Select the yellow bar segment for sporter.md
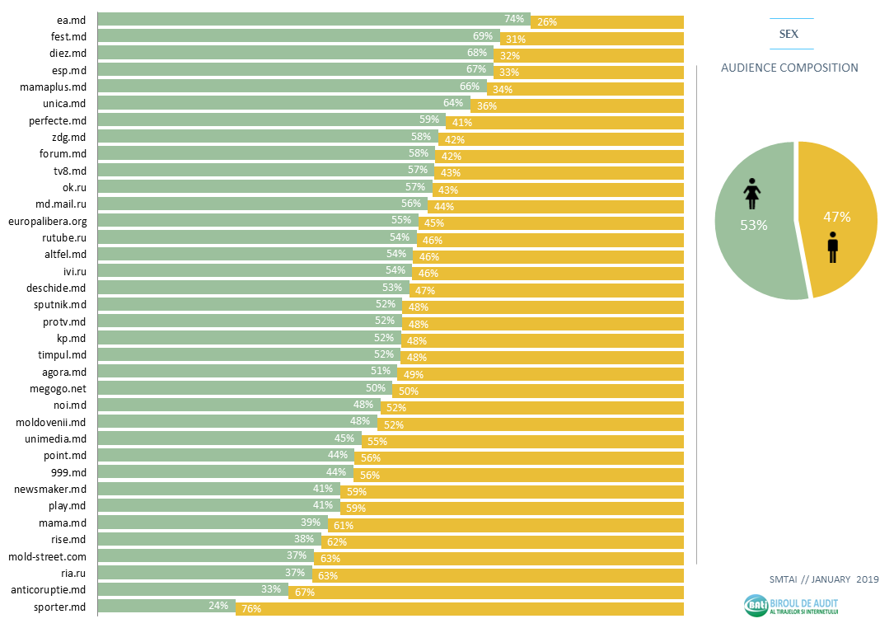point(461,609)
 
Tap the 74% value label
point(514,18)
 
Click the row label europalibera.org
point(47,221)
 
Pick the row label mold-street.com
point(47,556)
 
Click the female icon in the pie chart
point(751,194)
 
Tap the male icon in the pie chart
point(833,247)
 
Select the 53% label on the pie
point(753,225)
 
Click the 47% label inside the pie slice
point(837,218)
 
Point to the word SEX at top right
point(790,34)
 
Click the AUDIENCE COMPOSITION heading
point(789,68)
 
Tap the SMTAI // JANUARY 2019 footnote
point(812,579)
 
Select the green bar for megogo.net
point(243,388)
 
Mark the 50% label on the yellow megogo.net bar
point(409,391)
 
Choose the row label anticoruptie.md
point(48,590)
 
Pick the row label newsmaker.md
point(50,489)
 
